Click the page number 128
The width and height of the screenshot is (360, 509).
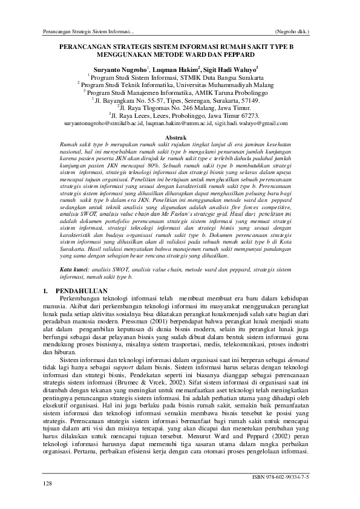tap(47, 484)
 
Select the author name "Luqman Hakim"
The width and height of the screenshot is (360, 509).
tap(176, 69)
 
